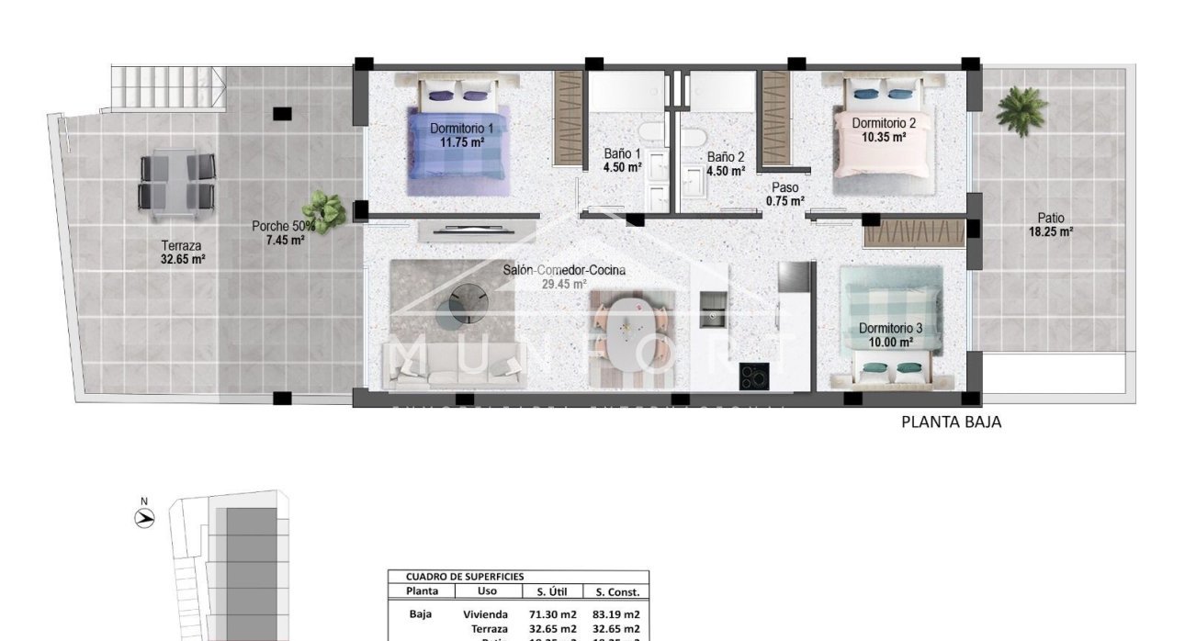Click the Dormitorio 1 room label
click(x=461, y=129)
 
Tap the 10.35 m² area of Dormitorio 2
click(x=884, y=137)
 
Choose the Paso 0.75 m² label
click(x=784, y=194)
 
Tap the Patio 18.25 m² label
click(x=1051, y=225)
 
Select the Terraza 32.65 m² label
click(x=182, y=253)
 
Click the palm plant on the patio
click(x=1021, y=110)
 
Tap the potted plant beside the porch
click(x=324, y=211)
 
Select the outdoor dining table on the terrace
click(x=177, y=182)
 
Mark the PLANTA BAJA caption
click(x=951, y=422)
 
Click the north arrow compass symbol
click(x=144, y=516)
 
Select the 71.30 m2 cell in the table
click(x=552, y=613)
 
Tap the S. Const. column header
click(x=616, y=592)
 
